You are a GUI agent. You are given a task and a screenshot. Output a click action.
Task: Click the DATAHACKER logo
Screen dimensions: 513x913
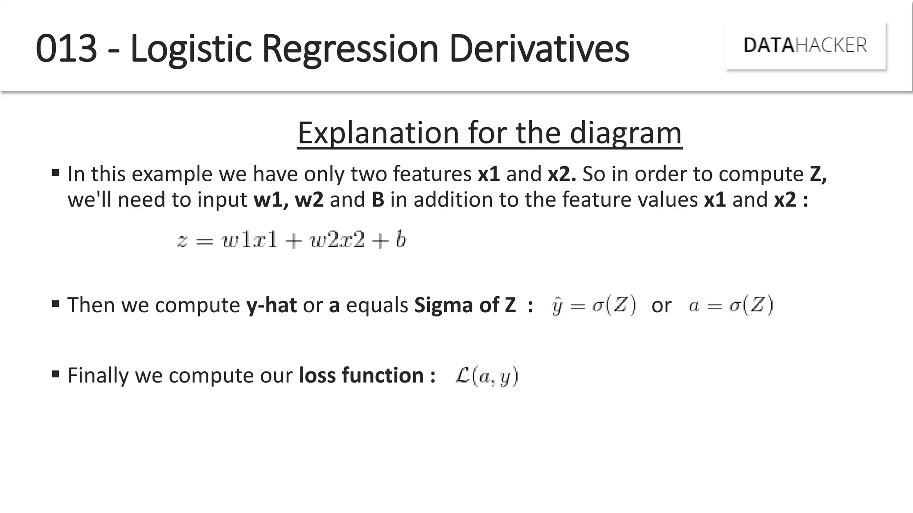point(805,45)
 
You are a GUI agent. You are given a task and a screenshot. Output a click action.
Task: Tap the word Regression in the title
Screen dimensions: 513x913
point(350,49)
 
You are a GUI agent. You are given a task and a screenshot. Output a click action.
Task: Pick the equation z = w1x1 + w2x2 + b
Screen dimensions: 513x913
point(292,240)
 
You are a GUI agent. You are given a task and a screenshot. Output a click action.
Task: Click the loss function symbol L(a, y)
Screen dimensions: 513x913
point(486,376)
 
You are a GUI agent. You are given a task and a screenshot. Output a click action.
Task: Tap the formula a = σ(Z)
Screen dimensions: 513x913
point(731,305)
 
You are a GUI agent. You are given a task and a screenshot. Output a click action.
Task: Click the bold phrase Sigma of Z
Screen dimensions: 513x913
point(465,305)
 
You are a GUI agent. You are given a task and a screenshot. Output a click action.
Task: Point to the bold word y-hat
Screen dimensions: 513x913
point(271,305)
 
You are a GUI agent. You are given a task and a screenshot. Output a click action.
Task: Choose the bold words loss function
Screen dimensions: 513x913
point(361,375)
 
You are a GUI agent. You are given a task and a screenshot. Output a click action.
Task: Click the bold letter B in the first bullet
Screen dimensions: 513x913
point(378,199)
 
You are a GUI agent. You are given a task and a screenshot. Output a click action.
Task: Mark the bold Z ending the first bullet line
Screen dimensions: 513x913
point(817,174)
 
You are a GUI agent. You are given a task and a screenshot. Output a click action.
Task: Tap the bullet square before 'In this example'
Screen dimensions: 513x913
point(56,173)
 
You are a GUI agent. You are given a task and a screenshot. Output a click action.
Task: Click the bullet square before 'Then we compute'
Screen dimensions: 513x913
point(56,304)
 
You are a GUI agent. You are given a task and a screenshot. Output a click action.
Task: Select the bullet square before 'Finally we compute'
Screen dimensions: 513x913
point(56,374)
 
